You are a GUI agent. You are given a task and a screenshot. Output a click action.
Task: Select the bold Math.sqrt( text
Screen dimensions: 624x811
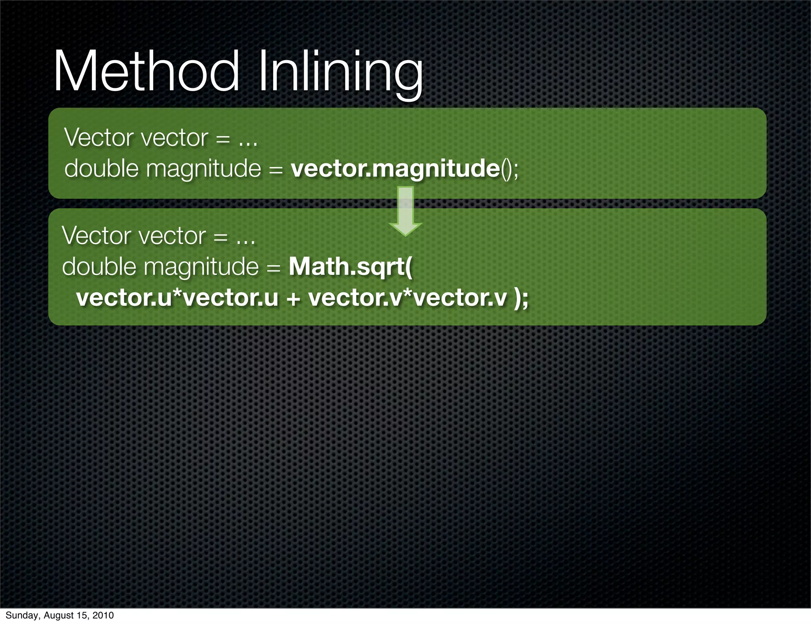(350, 266)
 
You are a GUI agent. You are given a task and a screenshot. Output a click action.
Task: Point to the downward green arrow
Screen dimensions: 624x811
(405, 211)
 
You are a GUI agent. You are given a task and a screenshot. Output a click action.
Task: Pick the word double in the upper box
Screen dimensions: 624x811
(101, 168)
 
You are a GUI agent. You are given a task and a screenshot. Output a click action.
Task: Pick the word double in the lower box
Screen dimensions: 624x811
(99, 266)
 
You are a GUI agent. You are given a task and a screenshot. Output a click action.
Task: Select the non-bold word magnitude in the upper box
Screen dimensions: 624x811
(204, 169)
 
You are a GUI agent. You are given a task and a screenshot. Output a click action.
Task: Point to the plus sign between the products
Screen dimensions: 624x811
(293, 298)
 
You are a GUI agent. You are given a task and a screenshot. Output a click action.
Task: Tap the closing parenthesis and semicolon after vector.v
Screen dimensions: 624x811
(521, 297)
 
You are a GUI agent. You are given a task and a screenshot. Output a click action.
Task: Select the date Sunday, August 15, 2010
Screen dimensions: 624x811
(59, 615)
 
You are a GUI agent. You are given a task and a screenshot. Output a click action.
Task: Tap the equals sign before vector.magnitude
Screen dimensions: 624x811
(276, 169)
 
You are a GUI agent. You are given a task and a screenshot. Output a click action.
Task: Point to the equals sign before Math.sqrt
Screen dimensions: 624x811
(274, 268)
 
